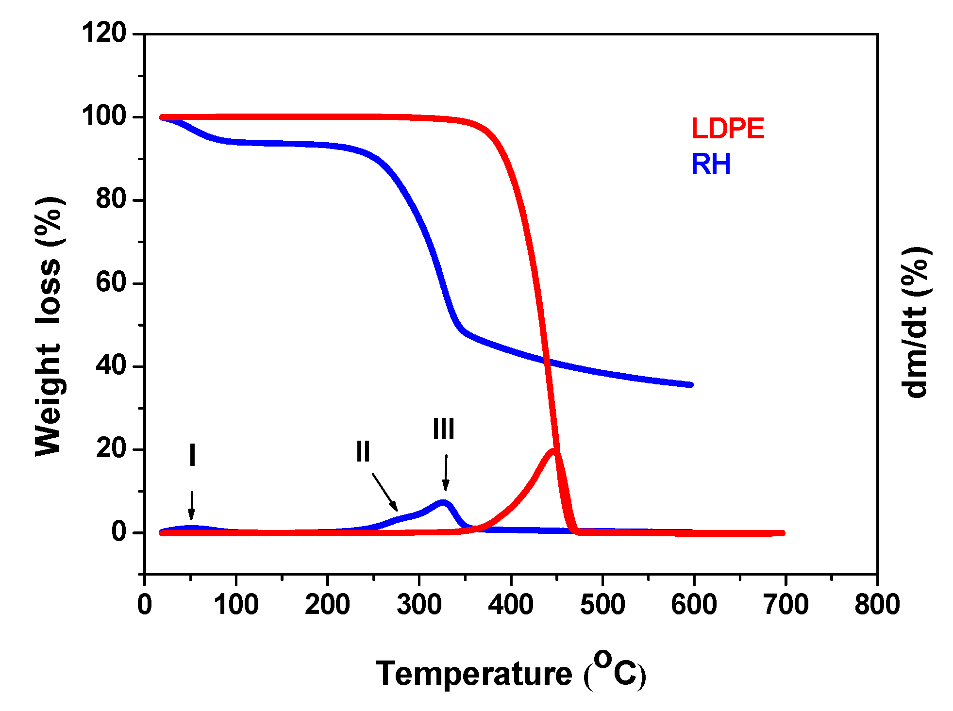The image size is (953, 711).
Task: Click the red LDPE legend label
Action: coord(727,129)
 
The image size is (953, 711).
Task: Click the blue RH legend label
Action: coord(711,165)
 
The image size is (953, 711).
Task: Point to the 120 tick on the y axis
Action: coord(104,34)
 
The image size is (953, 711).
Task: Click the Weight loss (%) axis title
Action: coord(49,326)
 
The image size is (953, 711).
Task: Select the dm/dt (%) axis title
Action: coord(916,323)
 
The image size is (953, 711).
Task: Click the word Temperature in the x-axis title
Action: coord(474,674)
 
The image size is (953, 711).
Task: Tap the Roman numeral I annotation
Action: coord(192,455)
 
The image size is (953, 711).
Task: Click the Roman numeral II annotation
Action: coord(363,451)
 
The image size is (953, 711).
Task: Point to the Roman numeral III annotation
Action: coord(444,429)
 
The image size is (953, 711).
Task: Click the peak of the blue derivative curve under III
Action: coord(443,503)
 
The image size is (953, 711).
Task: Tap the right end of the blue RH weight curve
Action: coord(690,384)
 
